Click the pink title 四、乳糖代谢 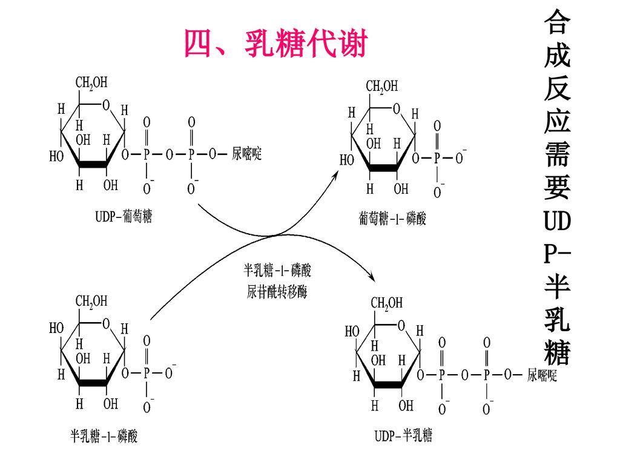(x=275, y=44)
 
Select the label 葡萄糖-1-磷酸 (x=392, y=219)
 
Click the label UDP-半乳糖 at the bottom (x=403, y=435)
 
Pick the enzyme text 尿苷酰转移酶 (x=277, y=292)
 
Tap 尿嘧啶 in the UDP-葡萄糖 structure (x=247, y=154)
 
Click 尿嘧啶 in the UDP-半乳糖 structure (x=542, y=375)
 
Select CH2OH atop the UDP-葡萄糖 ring (x=92, y=82)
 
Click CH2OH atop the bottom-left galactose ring (x=91, y=301)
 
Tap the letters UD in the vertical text (x=556, y=220)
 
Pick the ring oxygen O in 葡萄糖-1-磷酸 (x=396, y=110)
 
